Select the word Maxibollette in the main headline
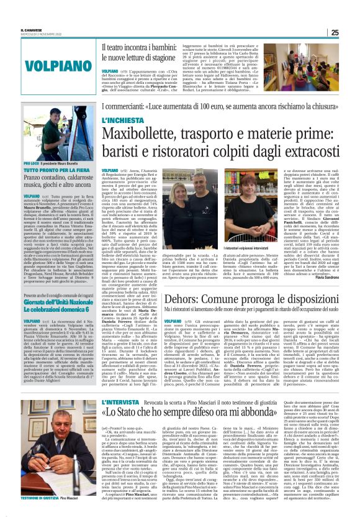click(140, 132)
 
